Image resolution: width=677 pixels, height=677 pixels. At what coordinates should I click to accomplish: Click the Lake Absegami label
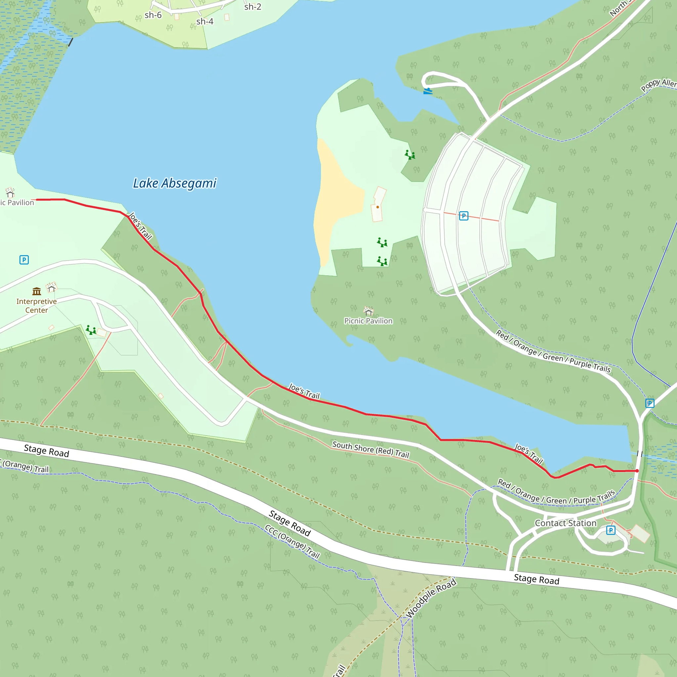coord(175,183)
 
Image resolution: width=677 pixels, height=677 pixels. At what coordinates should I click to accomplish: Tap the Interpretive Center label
coord(36,305)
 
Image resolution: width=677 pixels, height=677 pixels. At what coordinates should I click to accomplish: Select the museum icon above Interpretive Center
coord(36,291)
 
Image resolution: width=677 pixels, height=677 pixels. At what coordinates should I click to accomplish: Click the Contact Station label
coord(565,523)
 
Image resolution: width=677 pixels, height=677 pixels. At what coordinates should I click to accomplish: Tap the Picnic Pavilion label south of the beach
coord(368,321)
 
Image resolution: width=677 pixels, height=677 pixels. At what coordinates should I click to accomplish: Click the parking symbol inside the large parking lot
coord(463,216)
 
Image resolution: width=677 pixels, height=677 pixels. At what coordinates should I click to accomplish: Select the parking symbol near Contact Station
coord(611,530)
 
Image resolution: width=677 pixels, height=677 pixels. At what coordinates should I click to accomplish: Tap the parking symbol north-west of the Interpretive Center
coord(24,259)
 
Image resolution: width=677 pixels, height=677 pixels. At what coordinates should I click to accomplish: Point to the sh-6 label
coord(153,15)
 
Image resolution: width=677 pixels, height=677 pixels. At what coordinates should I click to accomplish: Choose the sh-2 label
coord(253,7)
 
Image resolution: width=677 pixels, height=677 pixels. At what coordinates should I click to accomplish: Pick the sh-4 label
coord(205,22)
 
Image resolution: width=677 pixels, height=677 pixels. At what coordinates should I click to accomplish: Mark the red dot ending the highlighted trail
coord(637,471)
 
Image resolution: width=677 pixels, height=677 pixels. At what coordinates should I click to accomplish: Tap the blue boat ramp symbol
coord(427,92)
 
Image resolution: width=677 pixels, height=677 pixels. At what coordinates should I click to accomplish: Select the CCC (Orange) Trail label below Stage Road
coord(292,541)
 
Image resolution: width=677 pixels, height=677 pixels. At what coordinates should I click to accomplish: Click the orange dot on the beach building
coord(378,207)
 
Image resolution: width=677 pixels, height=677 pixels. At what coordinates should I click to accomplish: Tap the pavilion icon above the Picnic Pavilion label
coord(368,311)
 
